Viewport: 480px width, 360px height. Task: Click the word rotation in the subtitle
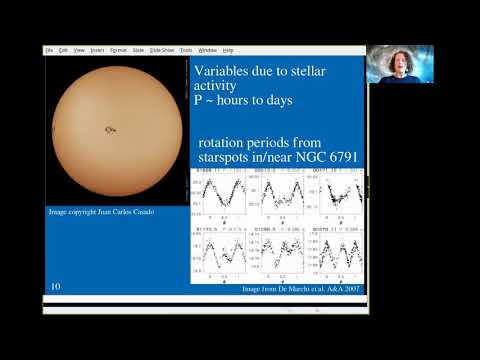click(225, 141)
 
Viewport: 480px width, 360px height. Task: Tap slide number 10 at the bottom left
click(56, 287)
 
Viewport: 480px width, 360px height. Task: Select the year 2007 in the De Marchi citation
click(349, 289)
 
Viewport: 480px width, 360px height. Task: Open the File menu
click(48, 49)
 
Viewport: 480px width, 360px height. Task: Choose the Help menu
click(228, 49)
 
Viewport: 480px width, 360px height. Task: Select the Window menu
click(207, 49)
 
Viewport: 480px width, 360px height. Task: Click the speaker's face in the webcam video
click(392, 62)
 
